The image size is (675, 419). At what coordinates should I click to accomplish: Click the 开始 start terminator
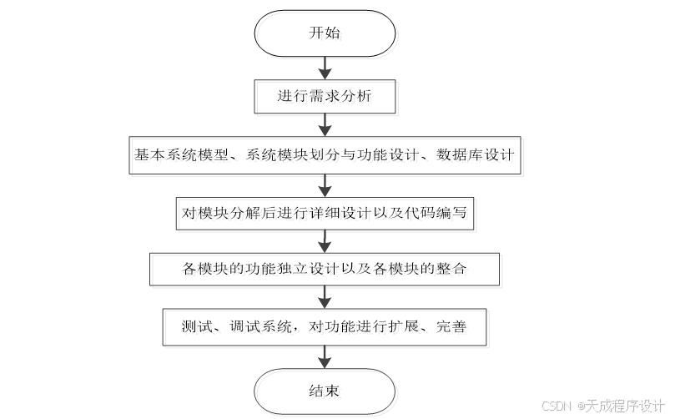pyautogui.click(x=324, y=34)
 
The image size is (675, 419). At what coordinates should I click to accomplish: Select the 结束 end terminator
pyautogui.click(x=324, y=390)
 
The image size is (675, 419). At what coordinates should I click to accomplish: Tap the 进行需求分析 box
pyautogui.click(x=324, y=96)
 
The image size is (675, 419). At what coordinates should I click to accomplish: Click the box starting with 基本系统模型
pyautogui.click(x=324, y=155)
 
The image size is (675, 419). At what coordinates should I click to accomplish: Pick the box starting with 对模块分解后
pyautogui.click(x=324, y=213)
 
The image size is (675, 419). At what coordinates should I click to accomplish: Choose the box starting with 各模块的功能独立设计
pyautogui.click(x=324, y=269)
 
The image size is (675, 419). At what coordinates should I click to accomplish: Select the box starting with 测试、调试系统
pyautogui.click(x=324, y=326)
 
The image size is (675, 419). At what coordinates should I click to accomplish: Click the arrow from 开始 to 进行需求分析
pyautogui.click(x=324, y=67)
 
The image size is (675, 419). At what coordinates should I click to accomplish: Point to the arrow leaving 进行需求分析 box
pyautogui.click(x=324, y=124)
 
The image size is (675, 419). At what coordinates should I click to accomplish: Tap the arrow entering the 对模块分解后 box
pyautogui.click(x=324, y=184)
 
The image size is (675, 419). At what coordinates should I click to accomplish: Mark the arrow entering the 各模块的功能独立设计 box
pyautogui.click(x=324, y=241)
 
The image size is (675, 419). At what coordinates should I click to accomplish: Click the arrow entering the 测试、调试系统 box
pyautogui.click(x=324, y=298)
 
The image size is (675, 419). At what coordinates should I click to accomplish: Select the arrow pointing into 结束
pyautogui.click(x=324, y=356)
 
